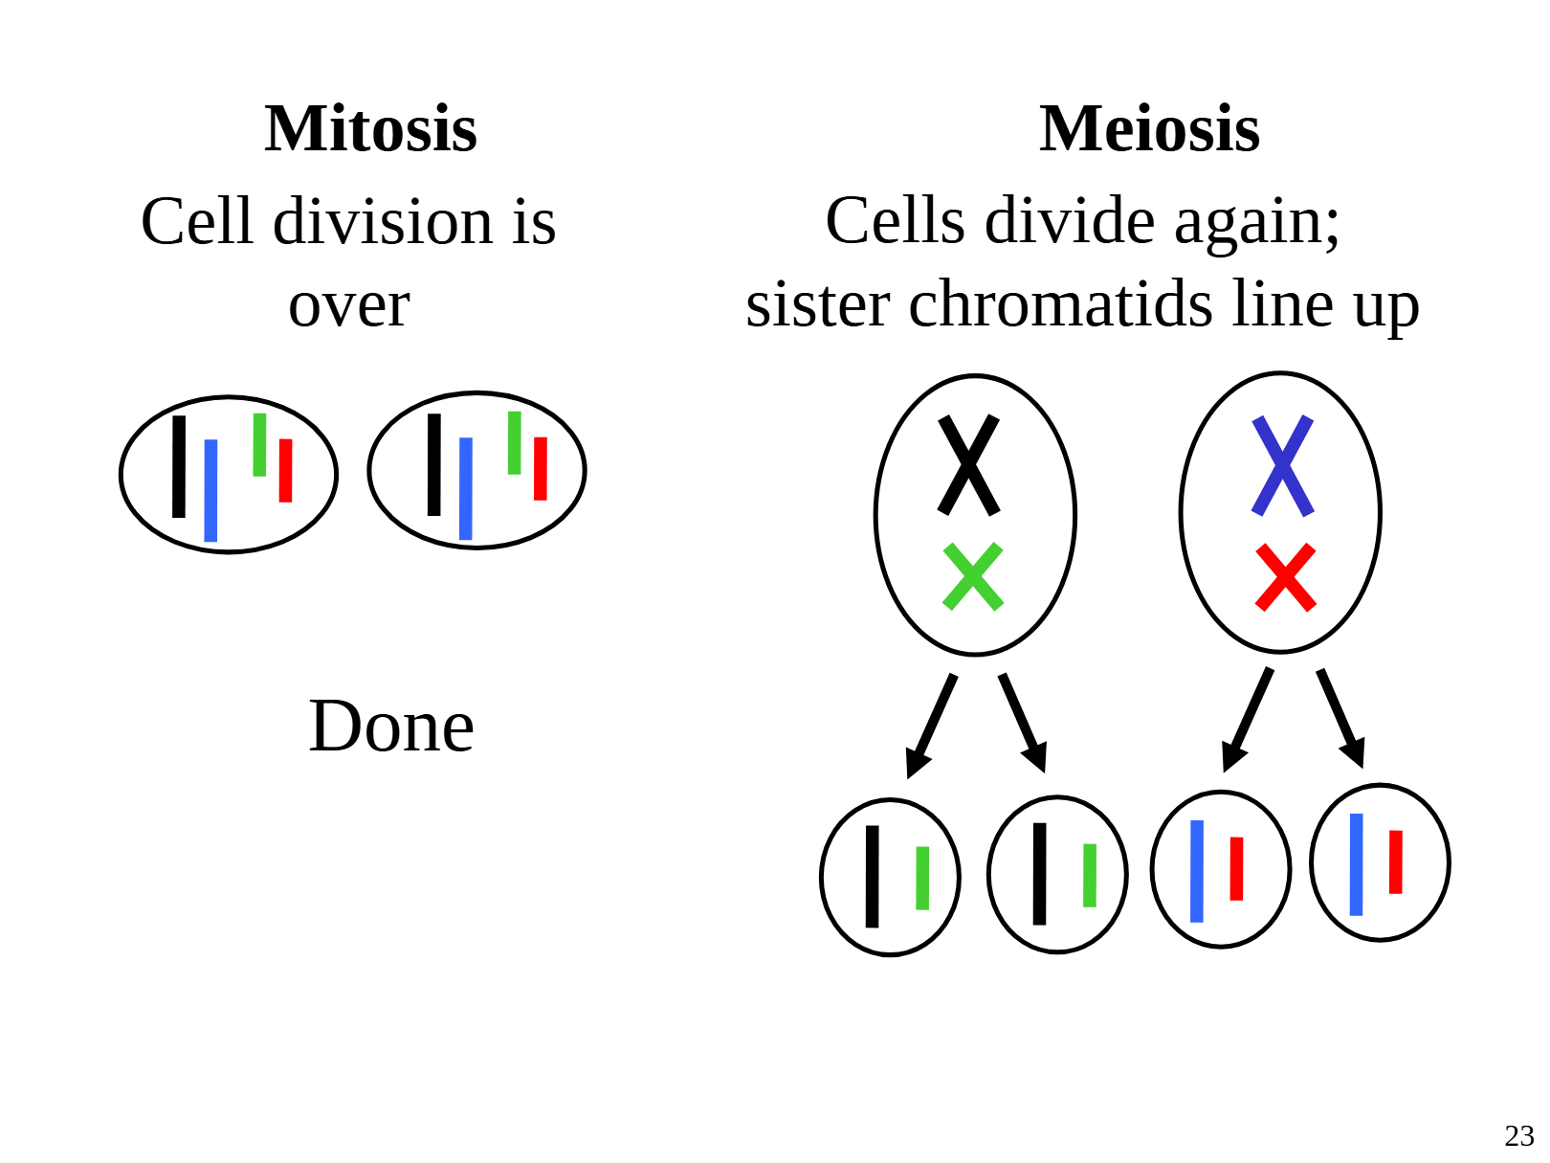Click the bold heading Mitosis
(370, 128)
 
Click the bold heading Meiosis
(1149, 128)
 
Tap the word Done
(391, 727)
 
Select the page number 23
(1518, 1135)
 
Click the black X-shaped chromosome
(968, 465)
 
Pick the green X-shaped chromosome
(972, 576)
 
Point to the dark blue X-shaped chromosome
(1282, 465)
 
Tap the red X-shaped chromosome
(1285, 578)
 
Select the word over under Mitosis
(349, 305)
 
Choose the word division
(383, 222)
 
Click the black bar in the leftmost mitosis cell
(179, 466)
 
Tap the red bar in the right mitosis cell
(541, 468)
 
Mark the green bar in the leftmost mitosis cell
(259, 444)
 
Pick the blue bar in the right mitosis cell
(466, 488)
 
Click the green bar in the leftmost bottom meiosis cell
(922, 878)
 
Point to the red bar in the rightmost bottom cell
(1395, 861)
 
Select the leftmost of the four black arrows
(931, 726)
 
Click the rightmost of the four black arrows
(1340, 718)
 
